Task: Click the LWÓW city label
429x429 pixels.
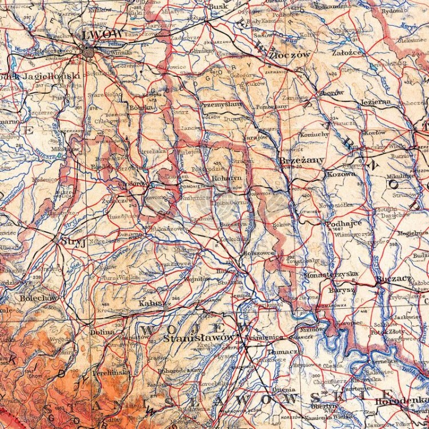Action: (104, 34)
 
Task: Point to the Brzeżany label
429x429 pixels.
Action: (302, 160)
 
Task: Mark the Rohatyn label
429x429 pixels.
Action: (227, 178)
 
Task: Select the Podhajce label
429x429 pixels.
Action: (344, 224)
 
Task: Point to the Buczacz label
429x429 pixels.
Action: (394, 279)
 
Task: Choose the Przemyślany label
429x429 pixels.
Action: (221, 105)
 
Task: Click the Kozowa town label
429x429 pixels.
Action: (341, 173)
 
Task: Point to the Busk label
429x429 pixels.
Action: (219, 6)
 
